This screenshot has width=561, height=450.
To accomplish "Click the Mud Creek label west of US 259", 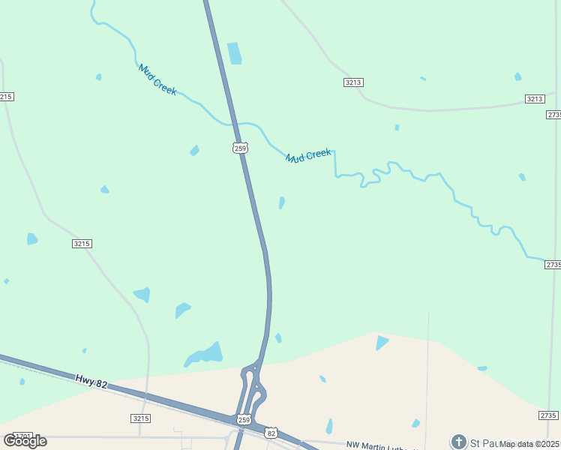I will [x=157, y=79].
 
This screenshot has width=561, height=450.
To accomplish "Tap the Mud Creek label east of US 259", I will [x=307, y=155].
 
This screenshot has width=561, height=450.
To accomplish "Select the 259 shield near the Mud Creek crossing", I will [x=239, y=148].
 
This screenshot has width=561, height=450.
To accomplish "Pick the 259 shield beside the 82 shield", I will [x=241, y=420].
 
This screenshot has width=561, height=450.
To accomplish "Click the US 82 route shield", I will [x=271, y=433].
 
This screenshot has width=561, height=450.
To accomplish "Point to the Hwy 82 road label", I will [x=91, y=383].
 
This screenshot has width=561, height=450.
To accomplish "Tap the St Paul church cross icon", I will [x=458, y=442].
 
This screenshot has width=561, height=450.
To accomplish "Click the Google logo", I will [x=25, y=441].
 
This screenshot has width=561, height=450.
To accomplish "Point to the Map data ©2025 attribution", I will [x=529, y=444].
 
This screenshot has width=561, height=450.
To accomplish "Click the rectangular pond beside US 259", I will [x=234, y=53].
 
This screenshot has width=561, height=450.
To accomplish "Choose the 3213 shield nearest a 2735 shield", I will [x=534, y=99].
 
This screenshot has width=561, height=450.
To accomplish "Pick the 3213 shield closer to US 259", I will [x=354, y=82].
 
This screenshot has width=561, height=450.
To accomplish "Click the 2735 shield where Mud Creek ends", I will [x=553, y=265].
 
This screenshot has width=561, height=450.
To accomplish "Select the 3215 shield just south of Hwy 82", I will [x=140, y=418].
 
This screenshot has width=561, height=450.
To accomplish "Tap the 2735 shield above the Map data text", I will [x=549, y=415].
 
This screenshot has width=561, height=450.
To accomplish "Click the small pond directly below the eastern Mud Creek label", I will [x=281, y=202].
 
